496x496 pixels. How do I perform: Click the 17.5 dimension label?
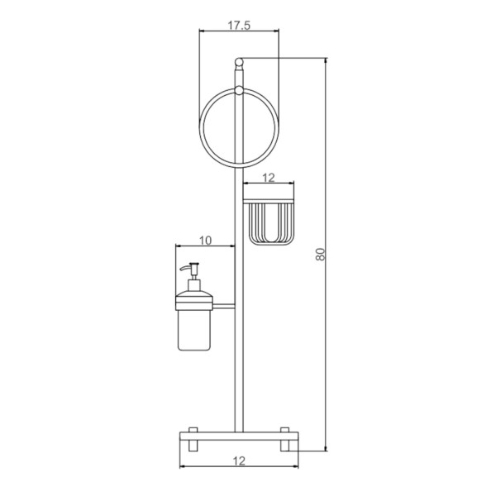pyautogui.click(x=239, y=26)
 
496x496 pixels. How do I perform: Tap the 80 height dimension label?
pyautogui.click(x=320, y=254)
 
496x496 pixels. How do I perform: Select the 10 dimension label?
pyautogui.click(x=205, y=241)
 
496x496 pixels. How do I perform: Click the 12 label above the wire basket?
pyautogui.click(x=268, y=178)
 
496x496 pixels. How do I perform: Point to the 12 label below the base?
pyautogui.click(x=239, y=461)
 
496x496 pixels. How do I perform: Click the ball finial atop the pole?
pyautogui.click(x=239, y=61)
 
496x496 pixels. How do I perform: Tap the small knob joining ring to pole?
pyautogui.click(x=239, y=90)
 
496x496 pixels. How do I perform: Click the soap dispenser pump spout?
pyautogui.click(x=186, y=268)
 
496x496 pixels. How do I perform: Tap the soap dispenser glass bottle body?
pyautogui.click(x=194, y=330)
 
